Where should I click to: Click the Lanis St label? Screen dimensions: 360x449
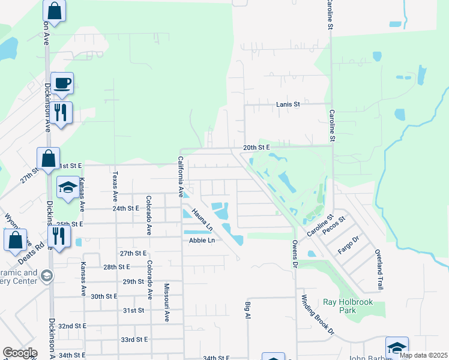pyautogui.click(x=288, y=104)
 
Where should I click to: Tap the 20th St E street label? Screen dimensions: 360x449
pyautogui.click(x=258, y=147)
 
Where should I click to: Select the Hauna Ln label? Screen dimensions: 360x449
pyautogui.click(x=202, y=220)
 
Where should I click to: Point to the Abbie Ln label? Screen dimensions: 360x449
pyautogui.click(x=202, y=241)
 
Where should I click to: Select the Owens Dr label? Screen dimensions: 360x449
pyautogui.click(x=295, y=254)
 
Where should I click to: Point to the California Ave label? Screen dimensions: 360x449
pyautogui.click(x=179, y=177)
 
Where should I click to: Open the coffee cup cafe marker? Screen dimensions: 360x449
pyautogui.click(x=62, y=83)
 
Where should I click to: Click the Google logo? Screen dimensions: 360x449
pyautogui.click(x=20, y=353)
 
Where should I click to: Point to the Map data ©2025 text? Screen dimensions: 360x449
pyautogui.click(x=423, y=355)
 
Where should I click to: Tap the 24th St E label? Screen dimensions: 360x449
pyautogui.click(x=125, y=208)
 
